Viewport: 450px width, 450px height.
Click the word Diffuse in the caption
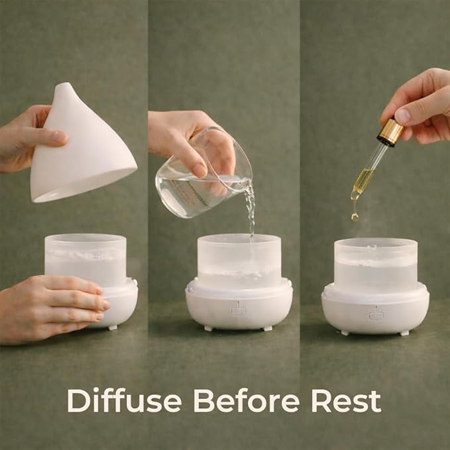click(x=125, y=400)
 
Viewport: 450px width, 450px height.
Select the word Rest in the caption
click(x=347, y=401)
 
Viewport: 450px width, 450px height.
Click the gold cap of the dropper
click(x=390, y=133)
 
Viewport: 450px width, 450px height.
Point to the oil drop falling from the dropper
click(x=355, y=217)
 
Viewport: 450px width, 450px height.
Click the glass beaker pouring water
click(x=203, y=172)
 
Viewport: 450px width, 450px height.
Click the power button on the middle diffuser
click(x=238, y=311)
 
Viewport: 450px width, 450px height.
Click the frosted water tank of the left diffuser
click(x=85, y=260)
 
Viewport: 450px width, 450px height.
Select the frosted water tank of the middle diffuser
click(x=239, y=261)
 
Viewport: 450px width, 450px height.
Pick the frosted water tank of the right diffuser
click(x=376, y=264)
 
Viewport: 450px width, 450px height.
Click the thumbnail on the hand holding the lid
click(x=59, y=137)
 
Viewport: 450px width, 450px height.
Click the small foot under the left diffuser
click(x=113, y=327)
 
